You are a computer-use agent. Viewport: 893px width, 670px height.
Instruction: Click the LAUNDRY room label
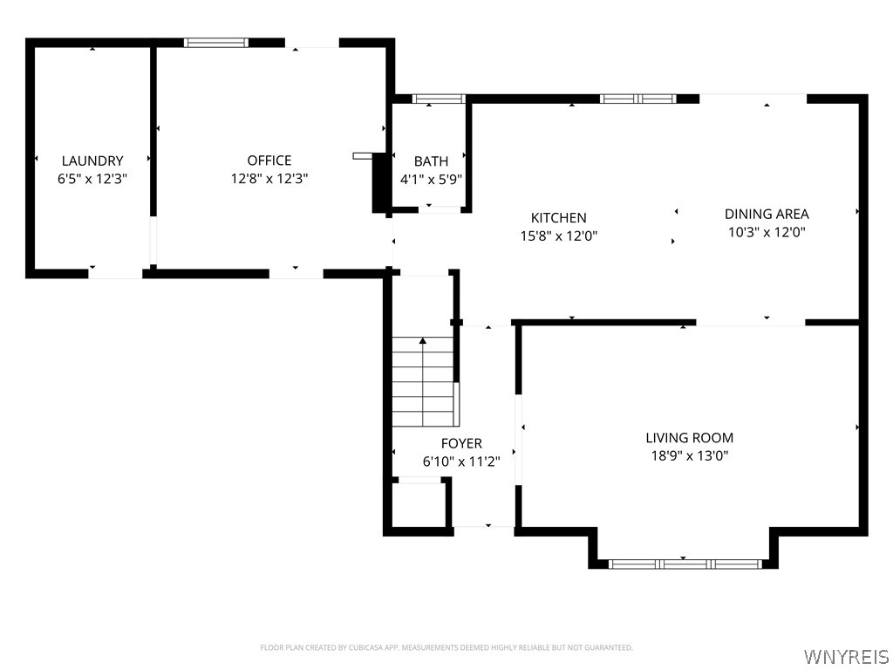[92, 161]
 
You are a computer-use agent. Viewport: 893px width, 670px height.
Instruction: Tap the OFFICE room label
[269, 161]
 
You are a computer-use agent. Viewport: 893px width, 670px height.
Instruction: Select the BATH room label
[431, 161]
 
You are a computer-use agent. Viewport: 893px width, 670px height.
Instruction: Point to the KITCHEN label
[559, 218]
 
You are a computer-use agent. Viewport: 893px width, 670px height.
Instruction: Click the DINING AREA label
[767, 214]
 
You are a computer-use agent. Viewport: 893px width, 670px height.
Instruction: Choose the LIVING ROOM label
[689, 438]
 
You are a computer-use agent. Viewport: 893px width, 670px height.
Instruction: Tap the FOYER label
[461, 444]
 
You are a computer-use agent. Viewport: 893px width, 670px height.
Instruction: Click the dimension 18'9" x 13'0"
[689, 456]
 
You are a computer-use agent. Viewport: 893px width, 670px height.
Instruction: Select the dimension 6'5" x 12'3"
[92, 179]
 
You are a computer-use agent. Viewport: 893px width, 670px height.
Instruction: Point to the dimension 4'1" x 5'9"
[431, 180]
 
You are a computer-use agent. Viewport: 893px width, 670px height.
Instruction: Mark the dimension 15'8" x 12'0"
[559, 236]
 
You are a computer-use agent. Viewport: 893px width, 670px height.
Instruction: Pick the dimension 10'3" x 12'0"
[767, 232]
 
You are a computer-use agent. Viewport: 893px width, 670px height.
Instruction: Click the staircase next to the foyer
[425, 382]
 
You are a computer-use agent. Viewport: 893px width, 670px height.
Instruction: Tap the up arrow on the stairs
[424, 342]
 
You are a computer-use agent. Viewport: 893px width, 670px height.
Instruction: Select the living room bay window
[684, 564]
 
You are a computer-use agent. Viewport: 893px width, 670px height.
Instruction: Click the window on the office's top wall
[216, 42]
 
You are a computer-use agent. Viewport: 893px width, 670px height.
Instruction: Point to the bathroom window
[439, 99]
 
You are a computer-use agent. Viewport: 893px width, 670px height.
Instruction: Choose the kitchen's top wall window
[638, 99]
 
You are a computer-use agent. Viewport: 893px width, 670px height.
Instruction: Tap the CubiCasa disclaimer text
[446, 647]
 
